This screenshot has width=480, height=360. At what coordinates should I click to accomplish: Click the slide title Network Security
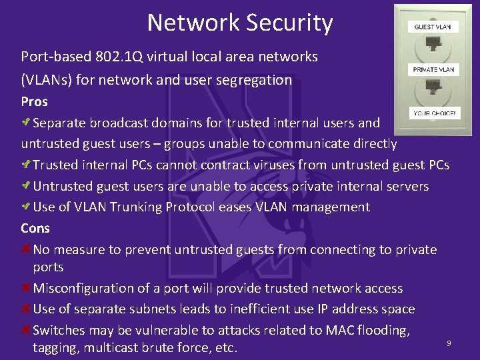coord(240,23)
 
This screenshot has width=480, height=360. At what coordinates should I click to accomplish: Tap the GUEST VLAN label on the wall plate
coord(433,27)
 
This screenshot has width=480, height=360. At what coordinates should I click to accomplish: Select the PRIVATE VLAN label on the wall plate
coord(433,69)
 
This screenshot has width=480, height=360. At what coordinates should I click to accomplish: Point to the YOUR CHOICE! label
coord(434,113)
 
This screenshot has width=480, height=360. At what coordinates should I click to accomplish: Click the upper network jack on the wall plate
coord(433,47)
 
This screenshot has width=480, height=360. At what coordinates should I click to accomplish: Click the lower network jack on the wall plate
coord(433,89)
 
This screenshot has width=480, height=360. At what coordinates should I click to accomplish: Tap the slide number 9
coord(449,343)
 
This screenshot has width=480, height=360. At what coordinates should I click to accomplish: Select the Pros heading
coord(34,102)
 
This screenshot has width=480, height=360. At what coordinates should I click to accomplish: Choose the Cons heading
coord(35,228)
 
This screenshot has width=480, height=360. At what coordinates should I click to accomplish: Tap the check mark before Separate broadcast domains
coord(26,123)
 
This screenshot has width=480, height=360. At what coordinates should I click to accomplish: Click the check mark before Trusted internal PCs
coord(26,165)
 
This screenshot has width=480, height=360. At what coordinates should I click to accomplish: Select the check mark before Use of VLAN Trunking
coord(26,207)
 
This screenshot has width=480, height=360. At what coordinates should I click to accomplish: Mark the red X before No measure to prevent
coord(26,249)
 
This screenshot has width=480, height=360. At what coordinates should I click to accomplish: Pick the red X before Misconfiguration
coord(26,288)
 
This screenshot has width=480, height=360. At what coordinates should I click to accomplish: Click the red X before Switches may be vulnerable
coord(26,330)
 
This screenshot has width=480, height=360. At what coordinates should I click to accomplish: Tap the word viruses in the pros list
coord(273,165)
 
